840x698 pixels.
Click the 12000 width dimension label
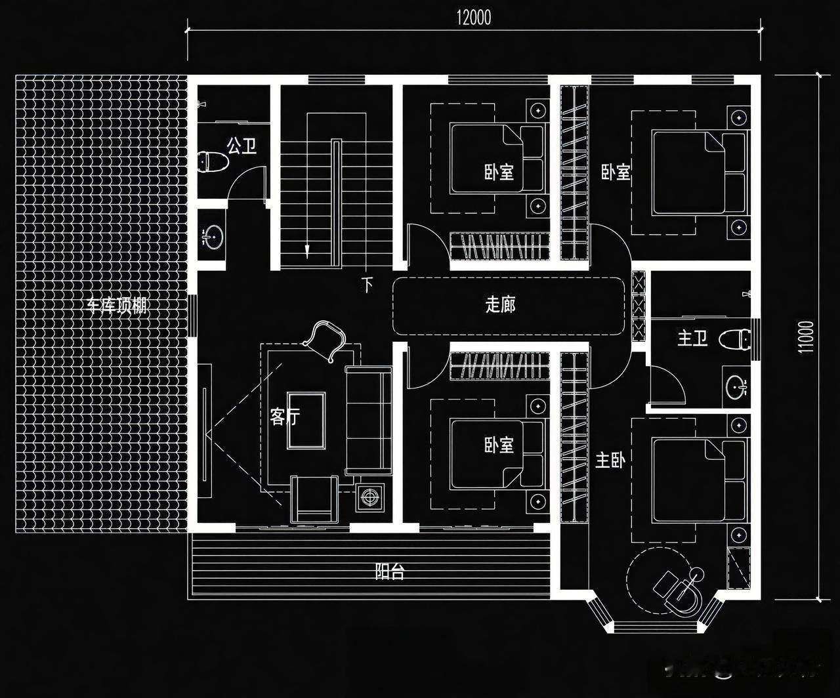[x=474, y=18]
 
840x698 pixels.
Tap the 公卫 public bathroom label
[x=242, y=146]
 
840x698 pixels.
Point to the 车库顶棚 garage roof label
[x=117, y=306]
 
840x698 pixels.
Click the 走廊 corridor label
[x=500, y=304]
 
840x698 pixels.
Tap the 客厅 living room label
[x=284, y=417]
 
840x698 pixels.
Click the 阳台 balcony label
[x=389, y=571]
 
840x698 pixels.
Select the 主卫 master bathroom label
[x=692, y=339]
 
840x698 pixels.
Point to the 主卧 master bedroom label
[x=610, y=460]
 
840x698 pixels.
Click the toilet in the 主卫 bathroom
[x=735, y=339]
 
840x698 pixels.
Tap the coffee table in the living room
[x=306, y=421]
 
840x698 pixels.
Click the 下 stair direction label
[x=367, y=285]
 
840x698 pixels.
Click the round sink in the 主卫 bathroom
[x=737, y=388]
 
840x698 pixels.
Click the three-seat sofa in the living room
[x=368, y=420]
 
